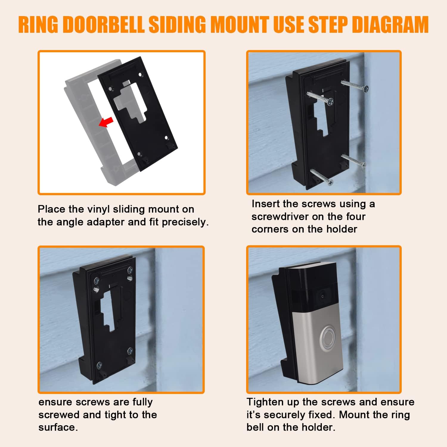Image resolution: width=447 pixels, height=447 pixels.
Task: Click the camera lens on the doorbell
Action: (322, 296)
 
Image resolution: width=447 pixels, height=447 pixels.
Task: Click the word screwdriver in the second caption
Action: (280, 217)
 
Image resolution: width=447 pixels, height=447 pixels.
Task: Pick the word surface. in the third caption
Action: (58, 427)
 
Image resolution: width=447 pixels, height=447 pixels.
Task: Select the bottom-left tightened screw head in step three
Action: (100, 365)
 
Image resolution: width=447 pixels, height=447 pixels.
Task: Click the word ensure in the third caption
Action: (56, 403)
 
